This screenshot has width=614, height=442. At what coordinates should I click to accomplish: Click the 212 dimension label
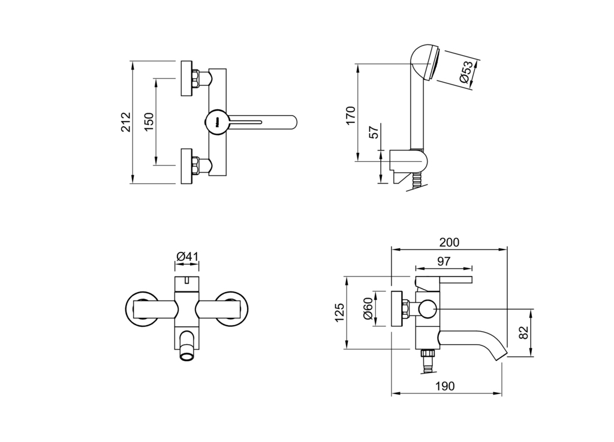[126, 122]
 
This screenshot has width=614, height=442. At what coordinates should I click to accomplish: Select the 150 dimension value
[149, 122]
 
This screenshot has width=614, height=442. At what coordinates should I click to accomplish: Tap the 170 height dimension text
[351, 116]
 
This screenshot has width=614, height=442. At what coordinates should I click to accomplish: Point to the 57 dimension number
[375, 133]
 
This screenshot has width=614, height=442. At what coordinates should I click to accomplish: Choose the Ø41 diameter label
[188, 257]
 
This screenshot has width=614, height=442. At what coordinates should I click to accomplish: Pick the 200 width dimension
[449, 242]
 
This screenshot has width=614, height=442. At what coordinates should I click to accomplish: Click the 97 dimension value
[444, 261]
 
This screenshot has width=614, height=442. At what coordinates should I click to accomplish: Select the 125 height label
[339, 312]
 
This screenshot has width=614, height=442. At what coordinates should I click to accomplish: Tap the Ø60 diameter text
[368, 308]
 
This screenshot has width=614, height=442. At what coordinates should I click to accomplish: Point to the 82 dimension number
[524, 333]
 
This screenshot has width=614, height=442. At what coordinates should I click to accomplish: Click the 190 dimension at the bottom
[446, 386]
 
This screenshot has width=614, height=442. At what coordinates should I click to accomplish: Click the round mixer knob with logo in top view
[217, 122]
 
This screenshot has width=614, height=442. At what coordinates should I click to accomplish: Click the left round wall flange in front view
[142, 308]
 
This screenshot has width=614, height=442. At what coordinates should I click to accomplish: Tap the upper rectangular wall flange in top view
[187, 79]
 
